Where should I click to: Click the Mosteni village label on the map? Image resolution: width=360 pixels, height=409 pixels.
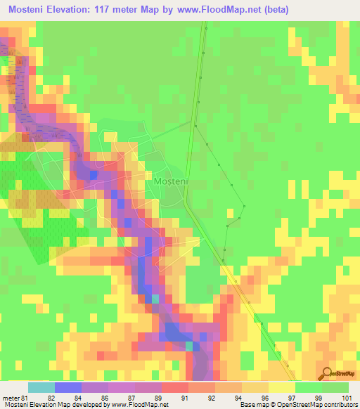pos(169,181)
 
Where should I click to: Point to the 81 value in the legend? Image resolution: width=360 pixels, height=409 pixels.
pos(25,397)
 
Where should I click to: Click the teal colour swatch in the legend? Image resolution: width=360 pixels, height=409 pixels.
pos(41,387)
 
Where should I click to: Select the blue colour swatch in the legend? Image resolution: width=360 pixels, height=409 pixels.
pos(68,387)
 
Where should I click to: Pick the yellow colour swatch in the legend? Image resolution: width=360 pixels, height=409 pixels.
pos(281,387)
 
